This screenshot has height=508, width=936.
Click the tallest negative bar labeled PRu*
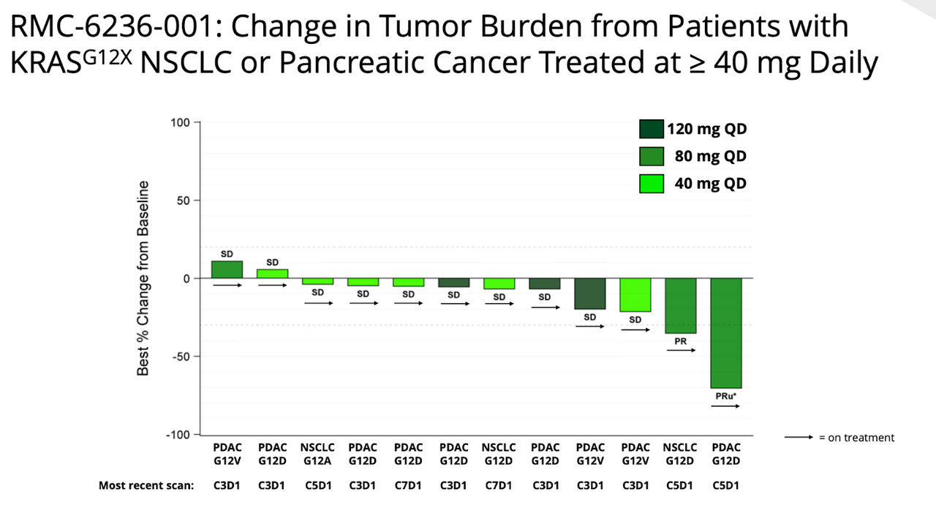(x=725, y=333)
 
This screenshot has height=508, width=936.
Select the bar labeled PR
(x=681, y=305)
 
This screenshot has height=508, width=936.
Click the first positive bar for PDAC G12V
(x=227, y=269)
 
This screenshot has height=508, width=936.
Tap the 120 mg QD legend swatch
(x=651, y=130)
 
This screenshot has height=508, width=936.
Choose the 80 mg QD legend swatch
(x=651, y=157)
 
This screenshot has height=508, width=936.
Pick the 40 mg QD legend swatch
(x=651, y=183)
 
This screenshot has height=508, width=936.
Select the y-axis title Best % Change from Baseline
(x=143, y=278)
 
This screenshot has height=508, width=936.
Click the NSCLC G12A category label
(x=317, y=454)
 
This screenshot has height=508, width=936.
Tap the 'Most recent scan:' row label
(x=146, y=485)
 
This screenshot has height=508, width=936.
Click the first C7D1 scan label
(x=408, y=485)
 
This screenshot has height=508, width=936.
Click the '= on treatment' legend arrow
(x=799, y=438)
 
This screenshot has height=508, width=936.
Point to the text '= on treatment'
(x=856, y=438)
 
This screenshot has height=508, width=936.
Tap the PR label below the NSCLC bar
(x=680, y=341)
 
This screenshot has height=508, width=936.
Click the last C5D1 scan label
(x=725, y=485)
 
